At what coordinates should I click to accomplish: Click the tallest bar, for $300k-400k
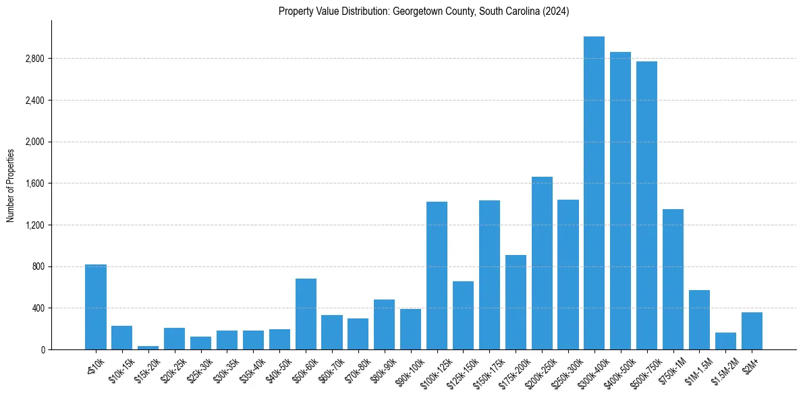click(x=594, y=193)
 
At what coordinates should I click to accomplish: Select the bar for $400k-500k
click(x=620, y=201)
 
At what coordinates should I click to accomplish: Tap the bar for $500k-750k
click(x=646, y=206)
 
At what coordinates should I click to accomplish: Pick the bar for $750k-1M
click(x=673, y=279)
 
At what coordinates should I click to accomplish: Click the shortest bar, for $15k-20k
click(x=148, y=347)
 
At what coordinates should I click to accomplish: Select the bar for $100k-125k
click(x=437, y=275)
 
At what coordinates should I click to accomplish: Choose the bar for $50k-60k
click(x=306, y=314)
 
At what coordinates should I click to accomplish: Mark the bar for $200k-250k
click(x=542, y=263)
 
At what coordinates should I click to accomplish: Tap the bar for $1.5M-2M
click(x=725, y=341)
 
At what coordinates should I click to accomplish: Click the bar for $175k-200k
click(x=516, y=302)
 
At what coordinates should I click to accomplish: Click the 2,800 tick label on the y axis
click(x=34, y=59)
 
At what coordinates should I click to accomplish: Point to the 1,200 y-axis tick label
click(x=34, y=225)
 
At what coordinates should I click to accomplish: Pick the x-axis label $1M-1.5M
click(x=696, y=370)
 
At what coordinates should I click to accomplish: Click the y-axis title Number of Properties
click(x=10, y=185)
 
